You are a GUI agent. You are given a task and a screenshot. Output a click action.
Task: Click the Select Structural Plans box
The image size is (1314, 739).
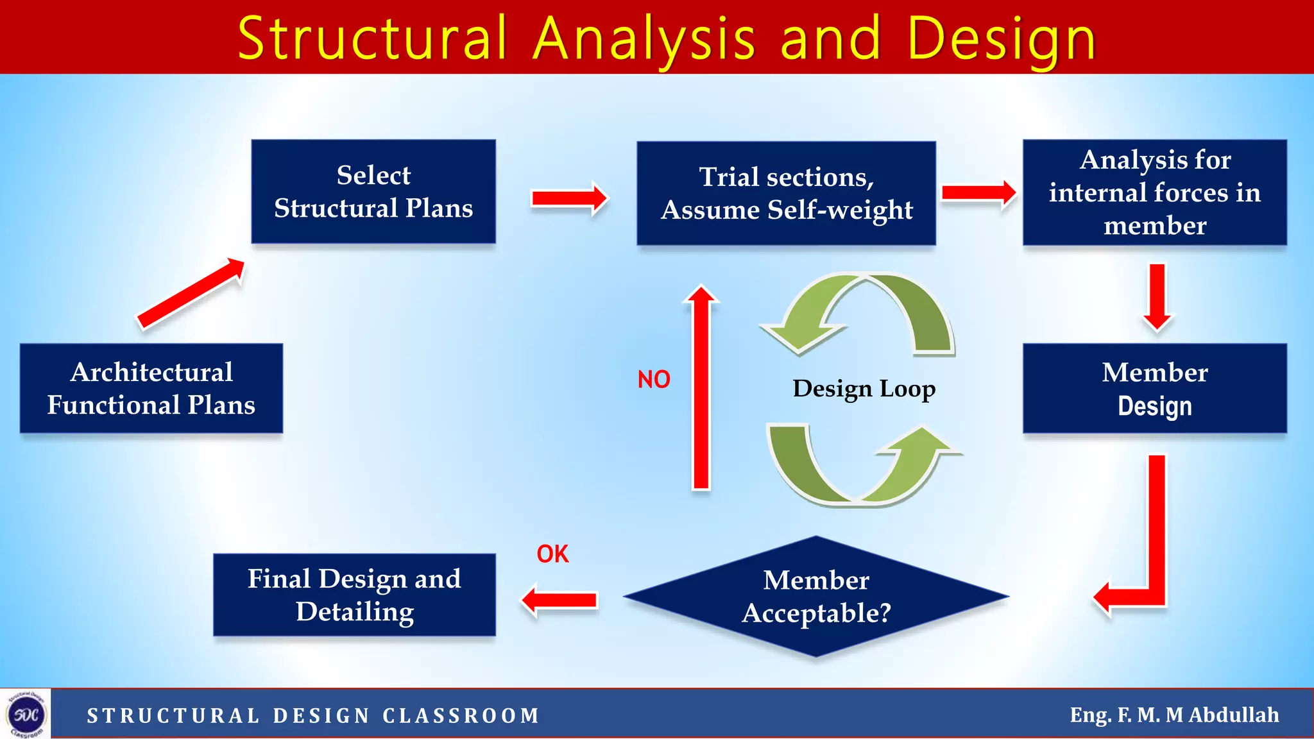373,192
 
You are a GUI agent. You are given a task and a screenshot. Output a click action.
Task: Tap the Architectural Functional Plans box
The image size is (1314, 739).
151,388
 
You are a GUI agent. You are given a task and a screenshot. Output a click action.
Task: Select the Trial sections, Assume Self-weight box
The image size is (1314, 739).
786,193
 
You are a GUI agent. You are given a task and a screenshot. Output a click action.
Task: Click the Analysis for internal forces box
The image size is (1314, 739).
1154,192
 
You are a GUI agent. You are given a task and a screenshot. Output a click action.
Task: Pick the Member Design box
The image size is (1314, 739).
1154,388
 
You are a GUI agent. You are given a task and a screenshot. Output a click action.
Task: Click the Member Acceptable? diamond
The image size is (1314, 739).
815,596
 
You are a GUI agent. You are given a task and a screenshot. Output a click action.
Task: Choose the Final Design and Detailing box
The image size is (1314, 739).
354,595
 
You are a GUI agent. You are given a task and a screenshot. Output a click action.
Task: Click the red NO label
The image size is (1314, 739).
653,380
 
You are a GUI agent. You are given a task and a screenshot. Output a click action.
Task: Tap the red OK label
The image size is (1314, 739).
552,554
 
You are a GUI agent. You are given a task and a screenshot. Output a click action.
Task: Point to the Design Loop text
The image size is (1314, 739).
864,389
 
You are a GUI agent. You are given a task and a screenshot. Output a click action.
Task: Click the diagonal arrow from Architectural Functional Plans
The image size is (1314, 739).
191,293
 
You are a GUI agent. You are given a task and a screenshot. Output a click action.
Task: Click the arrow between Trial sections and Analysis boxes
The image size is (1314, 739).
978,192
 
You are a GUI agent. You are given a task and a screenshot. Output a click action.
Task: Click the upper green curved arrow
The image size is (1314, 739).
866,308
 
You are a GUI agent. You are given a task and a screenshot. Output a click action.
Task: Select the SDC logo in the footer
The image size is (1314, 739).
26,714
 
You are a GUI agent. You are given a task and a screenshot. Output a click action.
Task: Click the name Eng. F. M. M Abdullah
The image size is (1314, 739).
1173,715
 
